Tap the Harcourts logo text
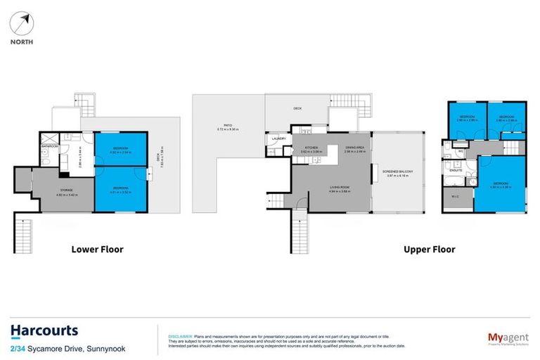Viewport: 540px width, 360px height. (x=44, y=330)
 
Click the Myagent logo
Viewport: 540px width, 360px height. (x=508, y=338)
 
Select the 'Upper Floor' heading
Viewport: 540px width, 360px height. (x=428, y=249)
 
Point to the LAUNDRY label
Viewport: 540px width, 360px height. (x=276, y=139)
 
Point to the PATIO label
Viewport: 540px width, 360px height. (x=228, y=127)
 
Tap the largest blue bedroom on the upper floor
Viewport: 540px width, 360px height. (x=502, y=184)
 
